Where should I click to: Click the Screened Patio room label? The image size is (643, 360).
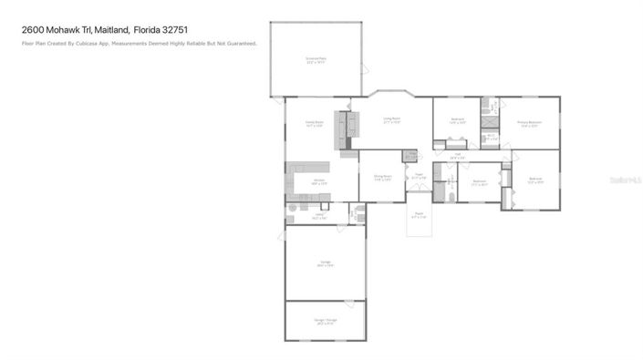(316, 59)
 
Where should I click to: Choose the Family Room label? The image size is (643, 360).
(315, 123)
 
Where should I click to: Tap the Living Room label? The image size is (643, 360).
(392, 119)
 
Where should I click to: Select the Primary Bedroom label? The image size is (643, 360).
(530, 124)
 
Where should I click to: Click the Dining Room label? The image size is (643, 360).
(382, 177)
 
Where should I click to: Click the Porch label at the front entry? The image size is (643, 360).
(419, 215)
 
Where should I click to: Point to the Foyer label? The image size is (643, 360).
(418, 175)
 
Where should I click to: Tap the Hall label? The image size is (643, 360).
(457, 156)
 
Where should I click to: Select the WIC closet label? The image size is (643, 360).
(491, 137)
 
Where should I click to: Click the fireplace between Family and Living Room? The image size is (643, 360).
(345, 129)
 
